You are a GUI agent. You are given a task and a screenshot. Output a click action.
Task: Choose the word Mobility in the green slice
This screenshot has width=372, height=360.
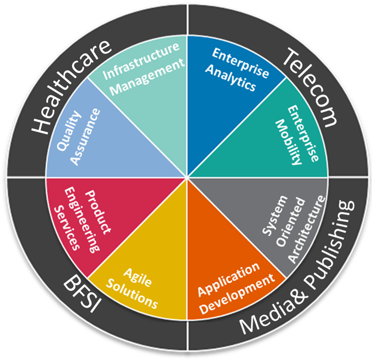click(288, 142)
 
